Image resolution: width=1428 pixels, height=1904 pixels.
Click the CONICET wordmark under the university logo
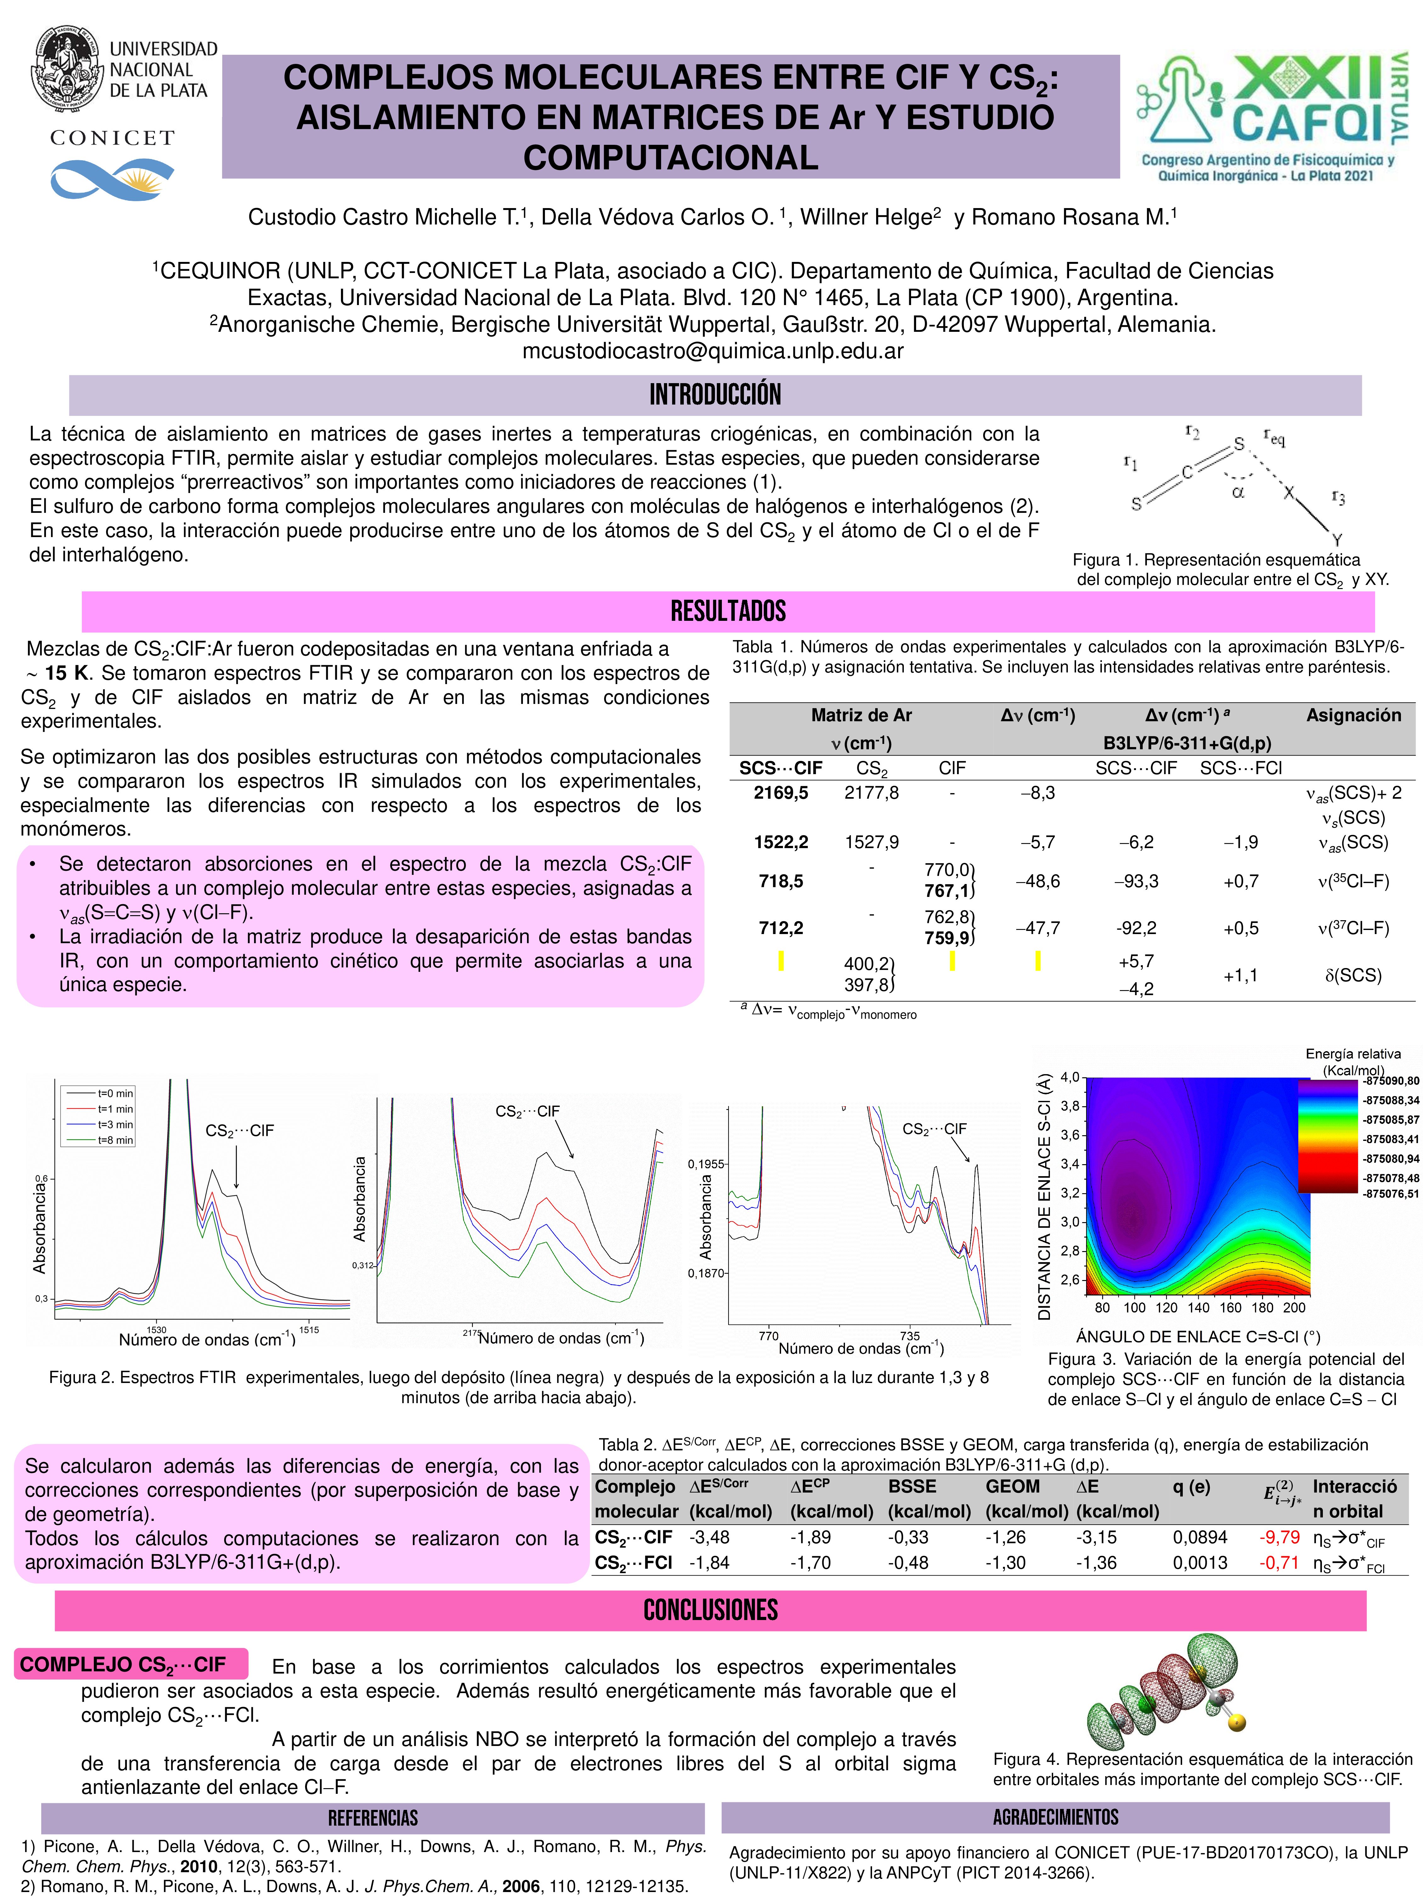[112, 138]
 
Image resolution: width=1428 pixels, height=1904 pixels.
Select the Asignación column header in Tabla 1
[1353, 715]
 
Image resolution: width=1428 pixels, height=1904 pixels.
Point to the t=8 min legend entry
[115, 1141]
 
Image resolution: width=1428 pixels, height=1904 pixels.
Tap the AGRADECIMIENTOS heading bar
[1055, 1817]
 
